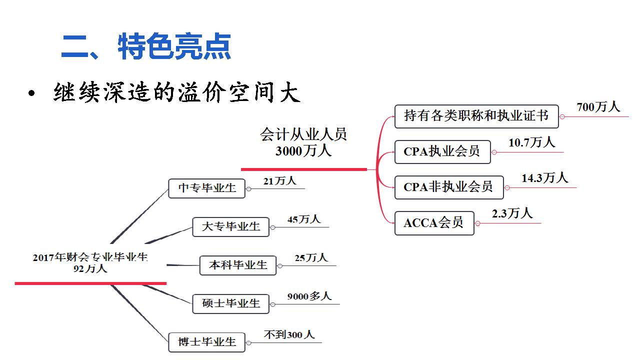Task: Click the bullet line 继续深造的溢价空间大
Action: pos(176,93)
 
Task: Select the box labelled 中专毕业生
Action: pos(206,188)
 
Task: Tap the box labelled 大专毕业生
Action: pos(230,226)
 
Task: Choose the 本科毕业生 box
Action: pos(237,265)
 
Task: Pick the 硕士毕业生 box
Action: pos(230,303)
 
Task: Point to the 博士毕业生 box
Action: pos(206,342)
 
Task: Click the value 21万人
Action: pos(279,181)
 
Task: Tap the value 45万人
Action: pos(304,219)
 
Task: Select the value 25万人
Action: pos(311,258)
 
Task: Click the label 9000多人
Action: pos(309,296)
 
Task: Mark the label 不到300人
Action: pos(289,334)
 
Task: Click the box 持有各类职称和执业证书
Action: pos(476,116)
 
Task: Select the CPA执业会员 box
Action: pos(442,151)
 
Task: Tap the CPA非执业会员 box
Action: pos(448,187)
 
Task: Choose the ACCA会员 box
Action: pos(434,223)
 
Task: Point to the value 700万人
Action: pos(598,107)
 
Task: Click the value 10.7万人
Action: pos(531,142)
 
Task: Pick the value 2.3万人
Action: pos(512,213)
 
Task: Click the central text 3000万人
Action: pos(303,151)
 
